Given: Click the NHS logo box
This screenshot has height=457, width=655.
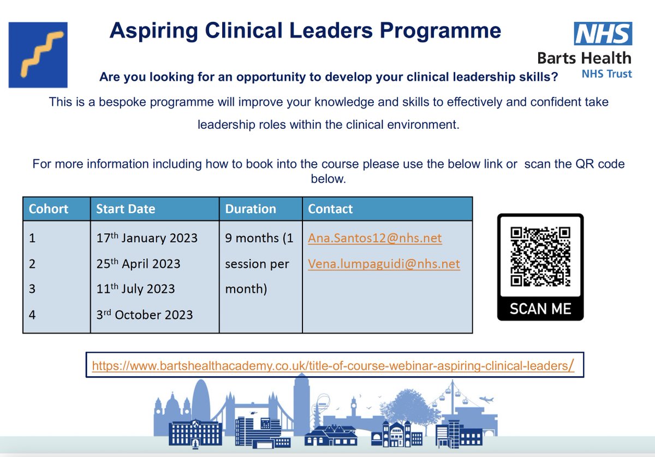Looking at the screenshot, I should (603, 33).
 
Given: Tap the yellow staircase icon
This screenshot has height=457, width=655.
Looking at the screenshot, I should (38, 55).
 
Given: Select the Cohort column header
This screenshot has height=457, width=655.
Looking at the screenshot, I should (49, 209).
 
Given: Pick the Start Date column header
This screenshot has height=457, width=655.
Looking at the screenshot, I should (126, 209).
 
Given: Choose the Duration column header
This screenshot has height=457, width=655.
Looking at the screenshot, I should (251, 209).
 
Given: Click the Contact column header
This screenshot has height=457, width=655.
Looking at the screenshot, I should (330, 209).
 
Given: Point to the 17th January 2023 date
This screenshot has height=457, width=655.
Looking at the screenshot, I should (147, 238).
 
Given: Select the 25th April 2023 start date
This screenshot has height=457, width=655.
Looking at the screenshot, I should (138, 264).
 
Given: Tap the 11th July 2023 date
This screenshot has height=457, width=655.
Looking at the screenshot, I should (135, 289).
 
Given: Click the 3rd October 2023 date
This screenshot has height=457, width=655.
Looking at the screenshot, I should (144, 315).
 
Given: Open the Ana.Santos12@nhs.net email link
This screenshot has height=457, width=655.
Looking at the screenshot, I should (374, 238).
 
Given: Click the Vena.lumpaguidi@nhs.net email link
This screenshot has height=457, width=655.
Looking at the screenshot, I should (384, 264).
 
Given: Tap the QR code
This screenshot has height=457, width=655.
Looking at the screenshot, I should (540, 256).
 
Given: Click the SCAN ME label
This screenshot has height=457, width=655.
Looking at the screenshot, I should (540, 309).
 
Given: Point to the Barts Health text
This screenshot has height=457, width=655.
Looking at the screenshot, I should (584, 58).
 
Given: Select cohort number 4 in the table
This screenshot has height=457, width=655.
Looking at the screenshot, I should (32, 315).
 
